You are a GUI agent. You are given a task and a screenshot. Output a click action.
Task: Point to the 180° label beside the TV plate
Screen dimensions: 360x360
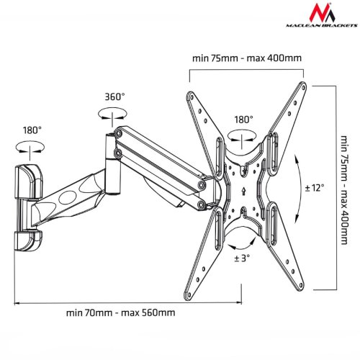click(243, 120)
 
